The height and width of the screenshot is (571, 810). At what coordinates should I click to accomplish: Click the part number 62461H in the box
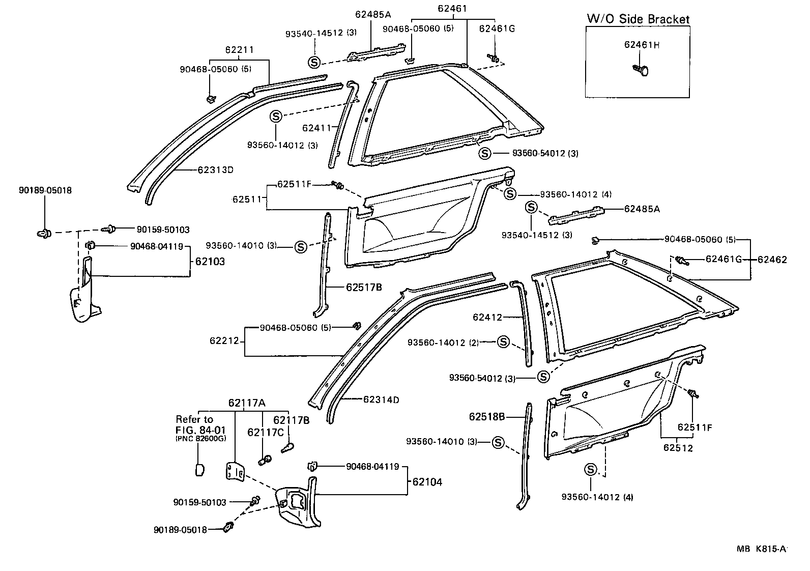tap(642, 45)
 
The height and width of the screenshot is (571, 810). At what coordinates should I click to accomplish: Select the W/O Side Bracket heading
tap(638, 19)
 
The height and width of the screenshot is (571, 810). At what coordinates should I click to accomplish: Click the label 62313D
tap(215, 170)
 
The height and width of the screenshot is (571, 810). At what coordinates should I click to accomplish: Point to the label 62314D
tap(381, 399)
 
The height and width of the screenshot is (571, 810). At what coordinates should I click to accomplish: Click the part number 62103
tap(210, 262)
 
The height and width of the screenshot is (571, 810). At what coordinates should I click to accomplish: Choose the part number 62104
tap(427, 482)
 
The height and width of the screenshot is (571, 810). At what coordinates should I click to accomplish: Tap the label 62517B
tap(364, 287)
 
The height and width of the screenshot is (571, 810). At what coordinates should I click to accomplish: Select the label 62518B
tap(487, 417)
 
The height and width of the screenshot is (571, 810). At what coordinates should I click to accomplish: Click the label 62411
tap(316, 128)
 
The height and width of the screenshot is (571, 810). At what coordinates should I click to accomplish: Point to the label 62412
tap(487, 317)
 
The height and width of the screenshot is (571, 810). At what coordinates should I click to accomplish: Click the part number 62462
tap(772, 260)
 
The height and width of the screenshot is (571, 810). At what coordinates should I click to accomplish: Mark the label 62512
tap(678, 448)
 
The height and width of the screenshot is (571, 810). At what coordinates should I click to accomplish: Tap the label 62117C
tap(265, 433)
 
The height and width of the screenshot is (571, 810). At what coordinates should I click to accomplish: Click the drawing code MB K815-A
tap(761, 549)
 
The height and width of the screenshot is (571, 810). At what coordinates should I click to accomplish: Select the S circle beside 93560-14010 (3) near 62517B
tap(300, 247)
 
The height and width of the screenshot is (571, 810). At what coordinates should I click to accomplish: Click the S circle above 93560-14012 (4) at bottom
tap(591, 469)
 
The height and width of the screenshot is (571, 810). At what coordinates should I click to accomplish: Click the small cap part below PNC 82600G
tap(200, 469)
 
